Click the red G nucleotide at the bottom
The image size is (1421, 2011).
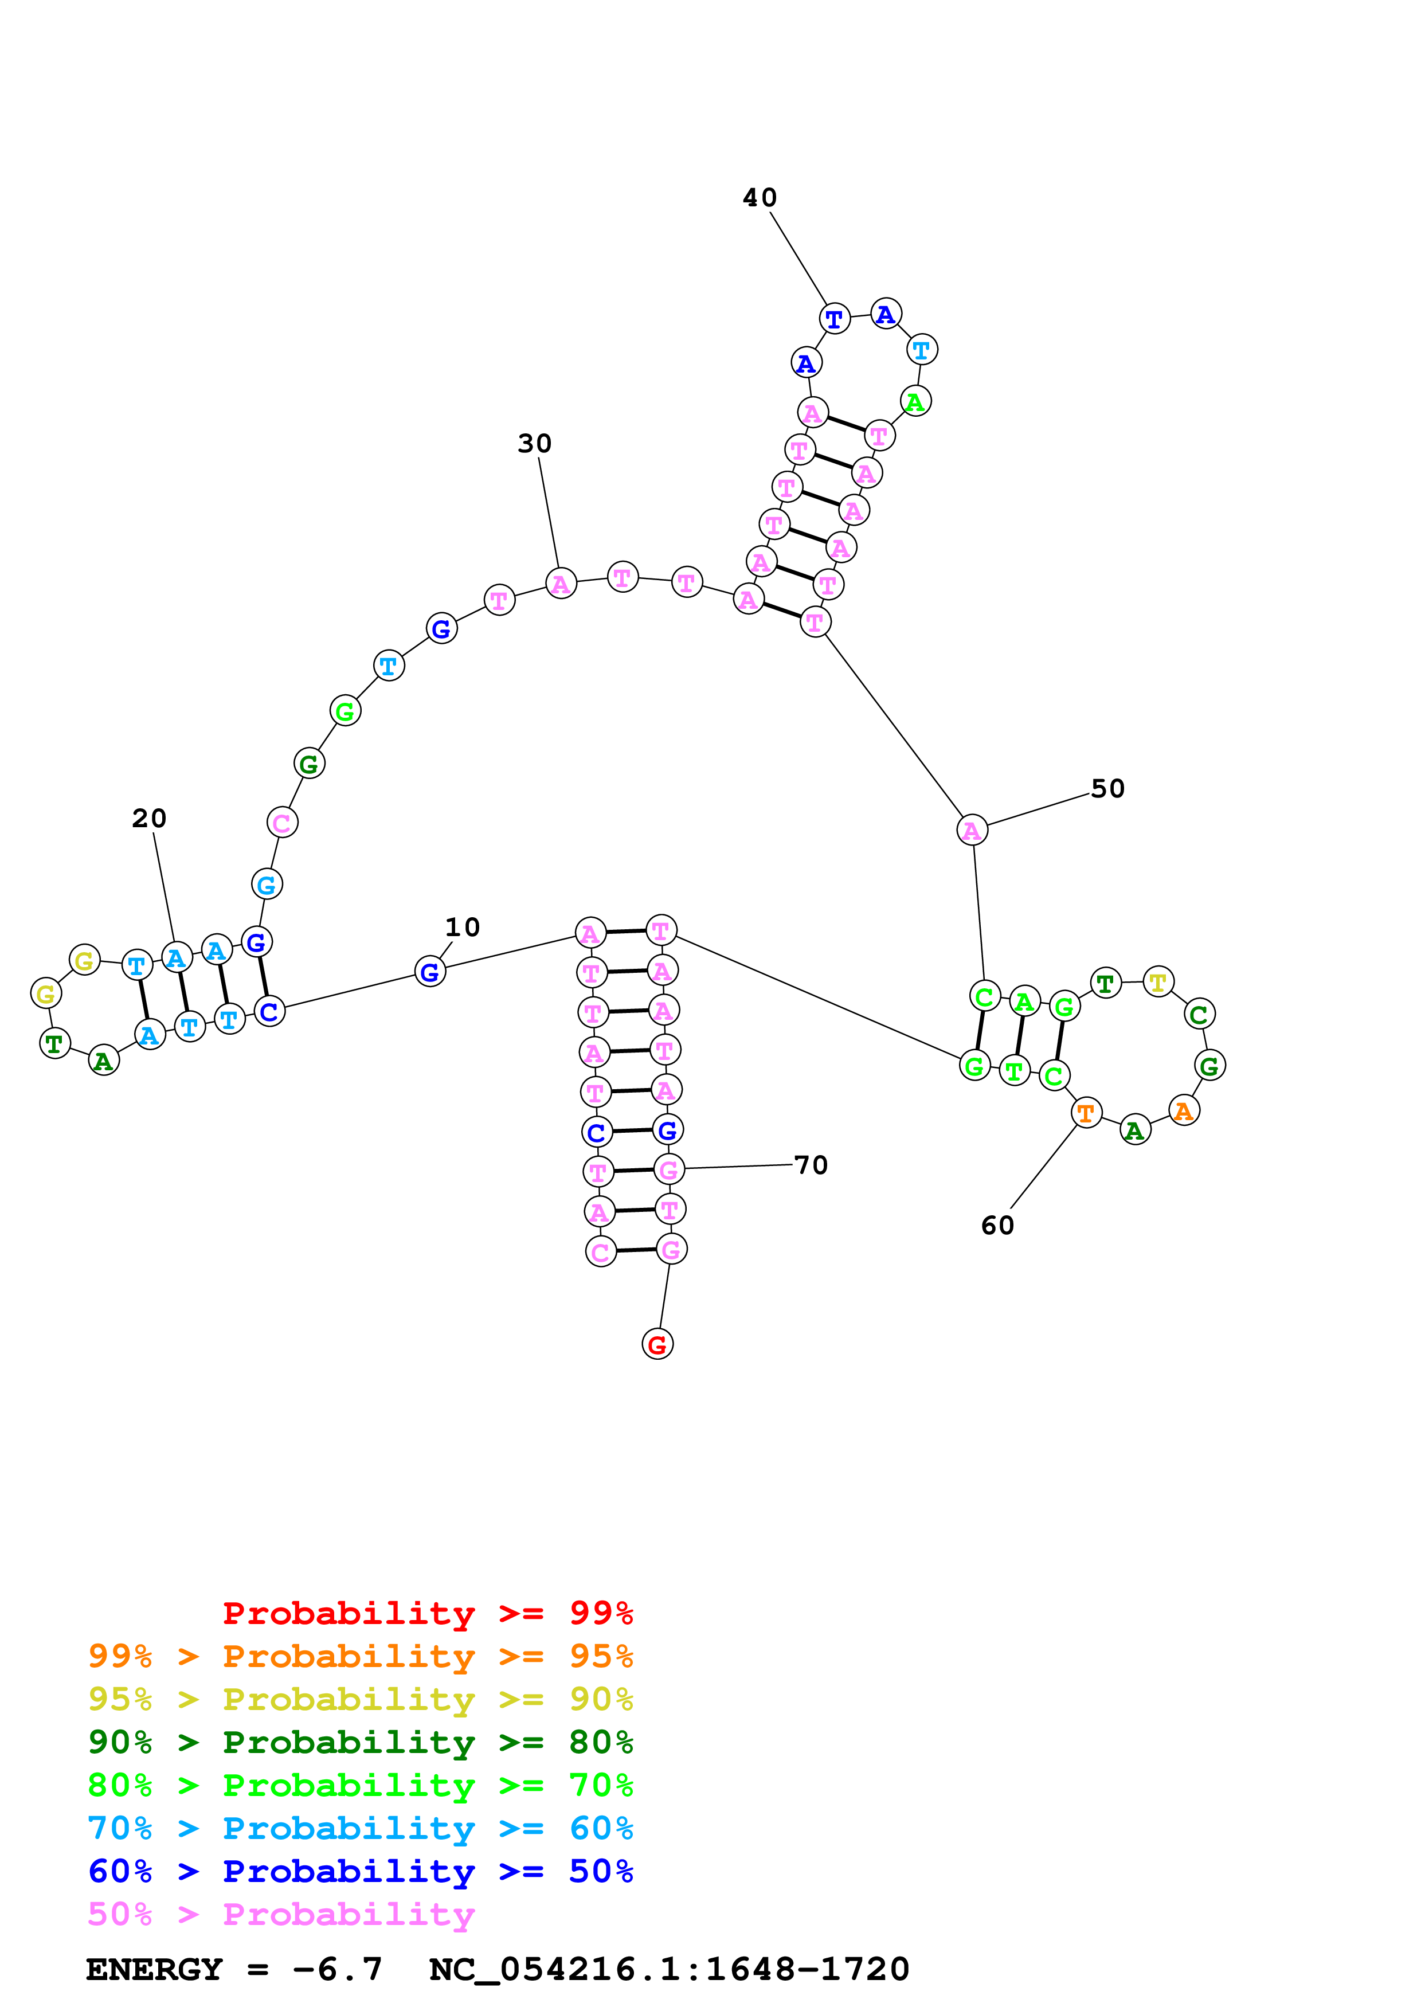pos(657,1344)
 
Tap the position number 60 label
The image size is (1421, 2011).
pos(997,1225)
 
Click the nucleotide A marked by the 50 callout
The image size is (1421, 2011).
pos(972,830)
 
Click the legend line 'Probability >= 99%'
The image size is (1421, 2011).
pos(427,1613)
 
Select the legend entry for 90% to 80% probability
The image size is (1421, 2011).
pos(360,1742)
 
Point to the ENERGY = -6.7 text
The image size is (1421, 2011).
pos(234,1969)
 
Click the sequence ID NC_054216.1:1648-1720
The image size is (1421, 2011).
pos(669,1969)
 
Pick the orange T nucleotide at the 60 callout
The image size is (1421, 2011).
pos(1086,1113)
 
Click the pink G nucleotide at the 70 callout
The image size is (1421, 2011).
pos(669,1169)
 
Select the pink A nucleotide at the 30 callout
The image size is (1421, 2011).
pos(561,584)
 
